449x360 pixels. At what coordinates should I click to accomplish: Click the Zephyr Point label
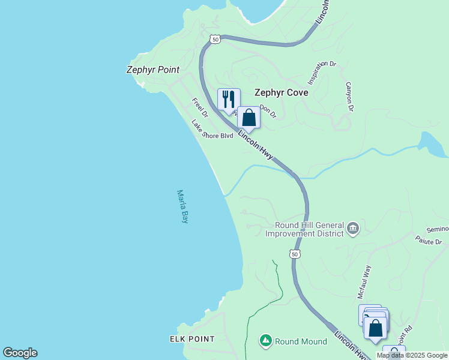[152, 70]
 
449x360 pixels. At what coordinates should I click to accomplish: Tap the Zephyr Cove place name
[281, 92]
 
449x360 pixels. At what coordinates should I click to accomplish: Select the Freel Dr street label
[199, 107]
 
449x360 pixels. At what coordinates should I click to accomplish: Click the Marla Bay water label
[182, 206]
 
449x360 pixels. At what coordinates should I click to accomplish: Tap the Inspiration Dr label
[322, 71]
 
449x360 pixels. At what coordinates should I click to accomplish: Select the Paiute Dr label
[429, 240]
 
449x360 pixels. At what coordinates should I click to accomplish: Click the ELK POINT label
[192, 339]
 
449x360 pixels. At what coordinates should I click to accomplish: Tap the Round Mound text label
[301, 341]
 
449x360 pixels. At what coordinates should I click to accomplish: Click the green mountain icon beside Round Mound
[265, 341]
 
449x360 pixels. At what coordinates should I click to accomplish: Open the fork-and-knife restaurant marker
[229, 99]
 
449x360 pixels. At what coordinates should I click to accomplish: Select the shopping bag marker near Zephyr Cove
[249, 117]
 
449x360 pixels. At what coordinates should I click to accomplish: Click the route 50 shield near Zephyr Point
[215, 39]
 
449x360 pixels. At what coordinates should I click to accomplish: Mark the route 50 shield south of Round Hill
[294, 254]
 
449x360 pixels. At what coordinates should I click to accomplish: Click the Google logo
[20, 353]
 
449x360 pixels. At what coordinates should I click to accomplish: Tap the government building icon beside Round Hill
[352, 228]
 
